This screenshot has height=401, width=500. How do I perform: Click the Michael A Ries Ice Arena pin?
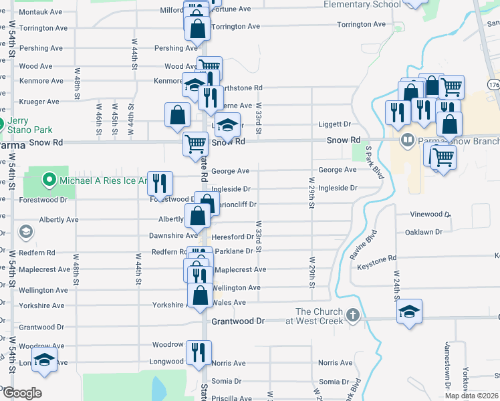pos(49,180)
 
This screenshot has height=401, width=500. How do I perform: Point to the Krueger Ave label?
pos(39,102)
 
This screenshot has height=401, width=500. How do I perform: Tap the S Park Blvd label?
pos(375,162)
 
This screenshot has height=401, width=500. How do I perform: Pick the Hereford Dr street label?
pos(232,237)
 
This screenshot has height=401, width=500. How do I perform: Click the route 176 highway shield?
pos(493,86)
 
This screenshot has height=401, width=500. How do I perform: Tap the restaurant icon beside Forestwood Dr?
pos(160,182)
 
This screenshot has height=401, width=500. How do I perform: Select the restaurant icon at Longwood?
pos(198,352)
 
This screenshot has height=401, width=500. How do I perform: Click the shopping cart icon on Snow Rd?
pos(195,143)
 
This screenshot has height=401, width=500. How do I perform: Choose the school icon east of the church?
pos(409,311)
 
